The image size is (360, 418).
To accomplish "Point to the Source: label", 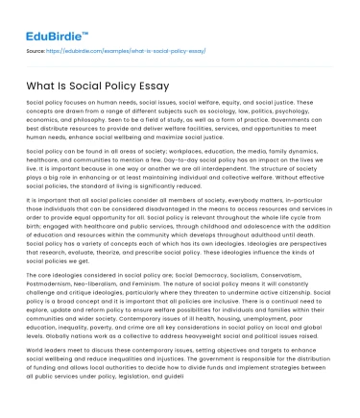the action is [36, 50].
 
